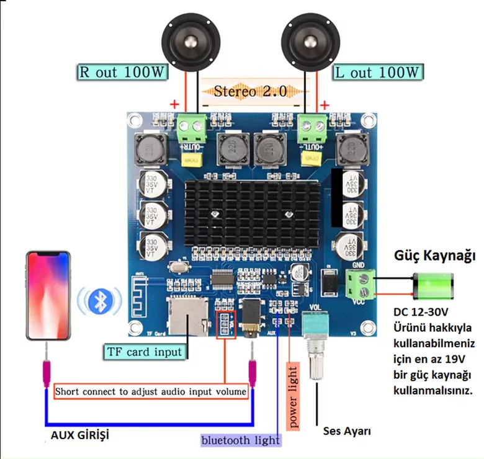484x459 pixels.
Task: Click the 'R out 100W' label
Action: tap(123, 72)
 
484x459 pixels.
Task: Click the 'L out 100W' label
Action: tap(378, 73)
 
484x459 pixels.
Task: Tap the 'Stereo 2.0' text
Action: tap(251, 91)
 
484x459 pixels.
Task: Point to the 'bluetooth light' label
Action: tap(240, 440)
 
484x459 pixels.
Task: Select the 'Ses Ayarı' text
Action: tap(344, 431)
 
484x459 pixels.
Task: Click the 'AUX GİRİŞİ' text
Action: tap(82, 435)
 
